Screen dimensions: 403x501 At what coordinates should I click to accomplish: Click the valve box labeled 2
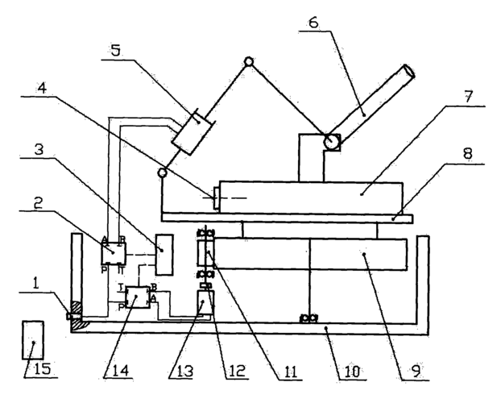point(112,253)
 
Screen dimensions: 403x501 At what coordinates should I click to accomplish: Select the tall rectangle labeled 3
point(164,255)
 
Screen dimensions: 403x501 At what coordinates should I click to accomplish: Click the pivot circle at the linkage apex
point(250,61)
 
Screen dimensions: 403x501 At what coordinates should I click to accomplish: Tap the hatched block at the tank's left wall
point(76,310)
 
